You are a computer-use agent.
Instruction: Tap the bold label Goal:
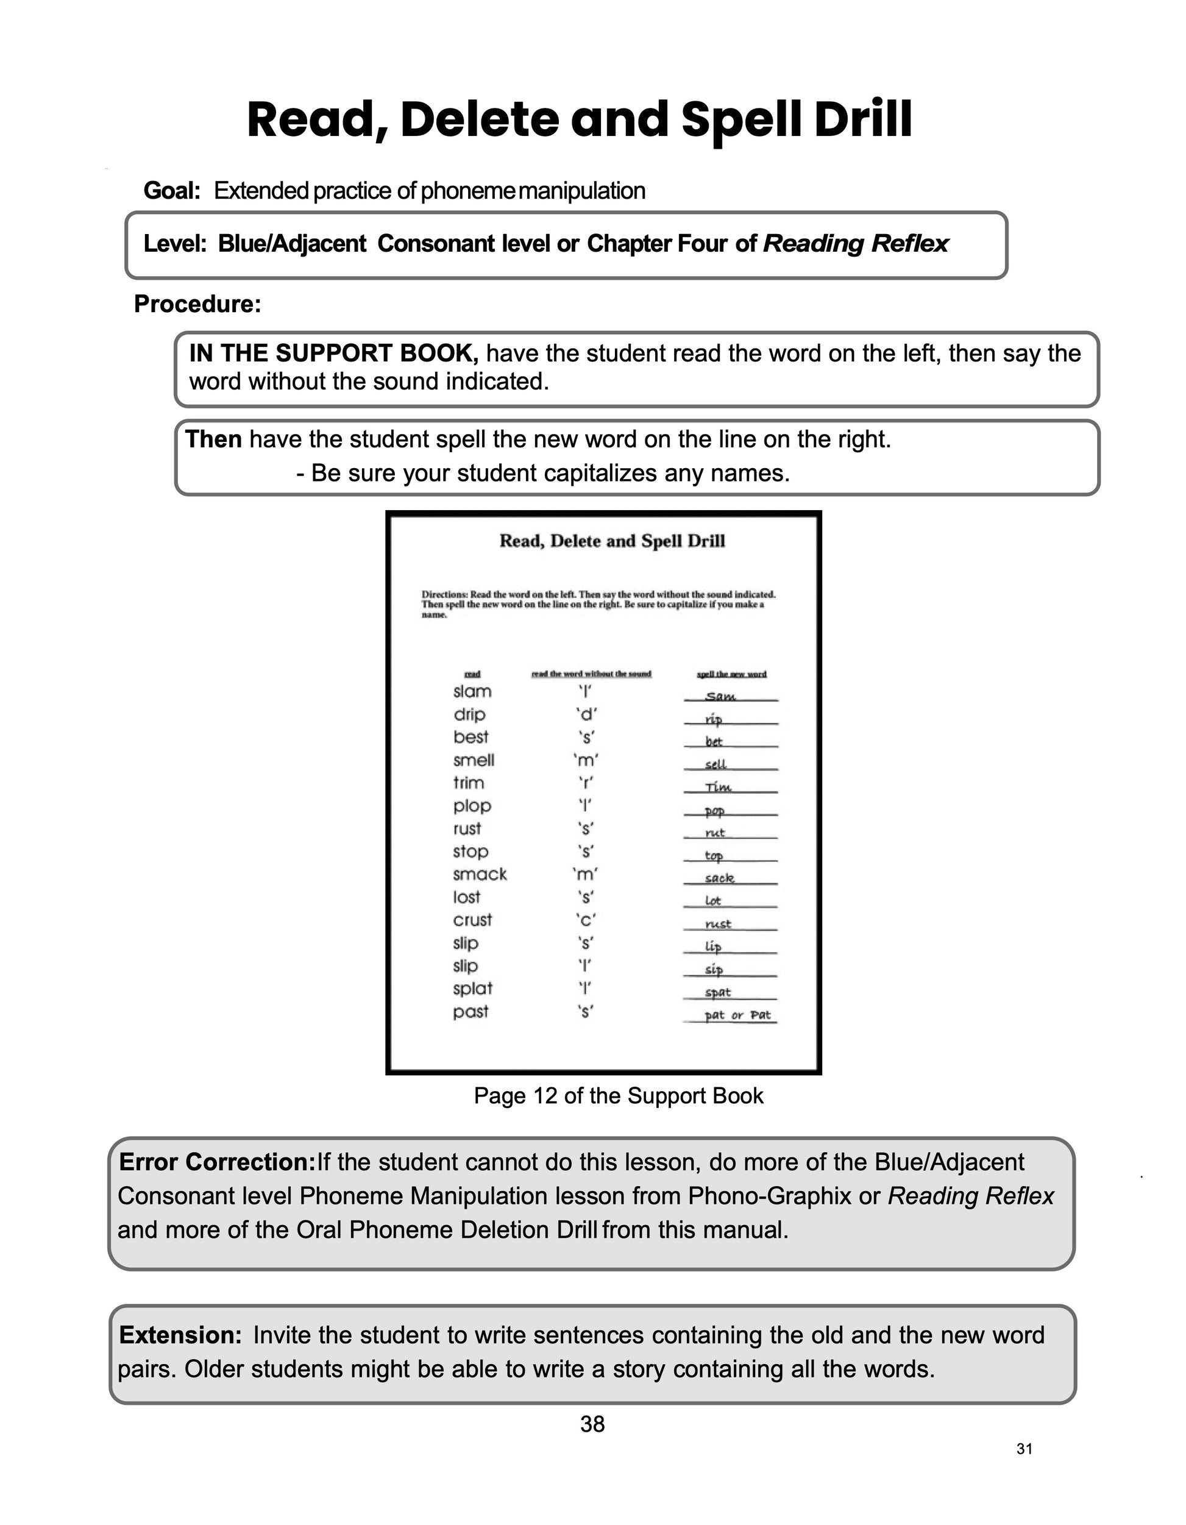tap(172, 191)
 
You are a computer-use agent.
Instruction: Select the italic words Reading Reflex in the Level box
tap(855, 244)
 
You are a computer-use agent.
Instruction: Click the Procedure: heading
tap(197, 304)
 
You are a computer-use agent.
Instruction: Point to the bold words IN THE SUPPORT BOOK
tap(333, 354)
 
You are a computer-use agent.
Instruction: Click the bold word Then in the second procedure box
tap(213, 440)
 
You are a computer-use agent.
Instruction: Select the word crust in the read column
tap(472, 920)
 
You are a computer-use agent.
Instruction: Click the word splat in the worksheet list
tap(472, 989)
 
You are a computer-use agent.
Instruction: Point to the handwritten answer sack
tap(719, 878)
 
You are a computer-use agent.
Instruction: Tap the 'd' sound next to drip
tap(586, 714)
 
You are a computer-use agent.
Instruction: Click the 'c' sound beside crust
tap(586, 920)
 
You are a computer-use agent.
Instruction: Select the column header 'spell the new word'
tap(731, 675)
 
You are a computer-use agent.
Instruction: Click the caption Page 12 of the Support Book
tap(619, 1095)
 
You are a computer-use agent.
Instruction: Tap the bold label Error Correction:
tap(218, 1162)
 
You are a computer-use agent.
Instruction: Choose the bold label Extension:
tap(181, 1335)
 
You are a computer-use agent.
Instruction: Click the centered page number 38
tap(592, 1424)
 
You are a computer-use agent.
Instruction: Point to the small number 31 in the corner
tap(1024, 1449)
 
